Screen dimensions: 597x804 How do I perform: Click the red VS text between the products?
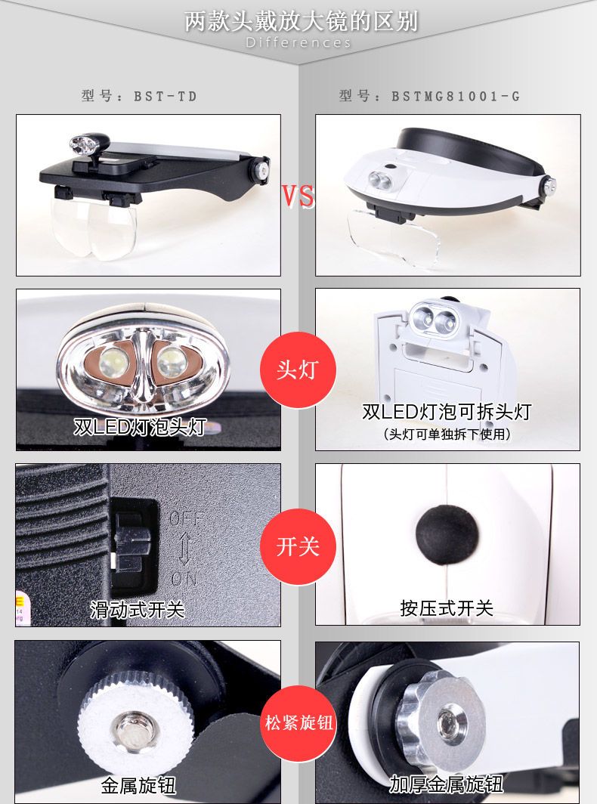(298, 196)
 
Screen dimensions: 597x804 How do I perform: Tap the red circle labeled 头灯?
(298, 370)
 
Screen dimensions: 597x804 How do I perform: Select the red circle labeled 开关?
(298, 546)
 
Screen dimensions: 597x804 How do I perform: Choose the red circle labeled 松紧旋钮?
(298, 723)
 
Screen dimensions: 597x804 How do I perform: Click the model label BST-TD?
(139, 96)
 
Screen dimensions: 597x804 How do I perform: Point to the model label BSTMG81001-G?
(429, 96)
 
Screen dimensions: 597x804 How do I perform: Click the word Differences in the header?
(298, 42)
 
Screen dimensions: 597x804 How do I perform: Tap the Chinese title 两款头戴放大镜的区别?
(302, 21)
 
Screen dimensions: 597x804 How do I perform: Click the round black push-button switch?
(447, 534)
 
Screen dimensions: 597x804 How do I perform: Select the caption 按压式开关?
(447, 608)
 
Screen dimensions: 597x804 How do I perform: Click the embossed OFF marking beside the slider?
(186, 519)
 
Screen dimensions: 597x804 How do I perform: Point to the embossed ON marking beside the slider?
(184, 578)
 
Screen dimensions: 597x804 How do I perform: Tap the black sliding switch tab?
(132, 543)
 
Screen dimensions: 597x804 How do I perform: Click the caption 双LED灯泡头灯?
(140, 427)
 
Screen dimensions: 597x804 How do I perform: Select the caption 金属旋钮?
(138, 786)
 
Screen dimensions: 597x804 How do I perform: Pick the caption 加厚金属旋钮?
(446, 784)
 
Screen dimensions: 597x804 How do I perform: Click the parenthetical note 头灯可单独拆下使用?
(447, 434)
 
